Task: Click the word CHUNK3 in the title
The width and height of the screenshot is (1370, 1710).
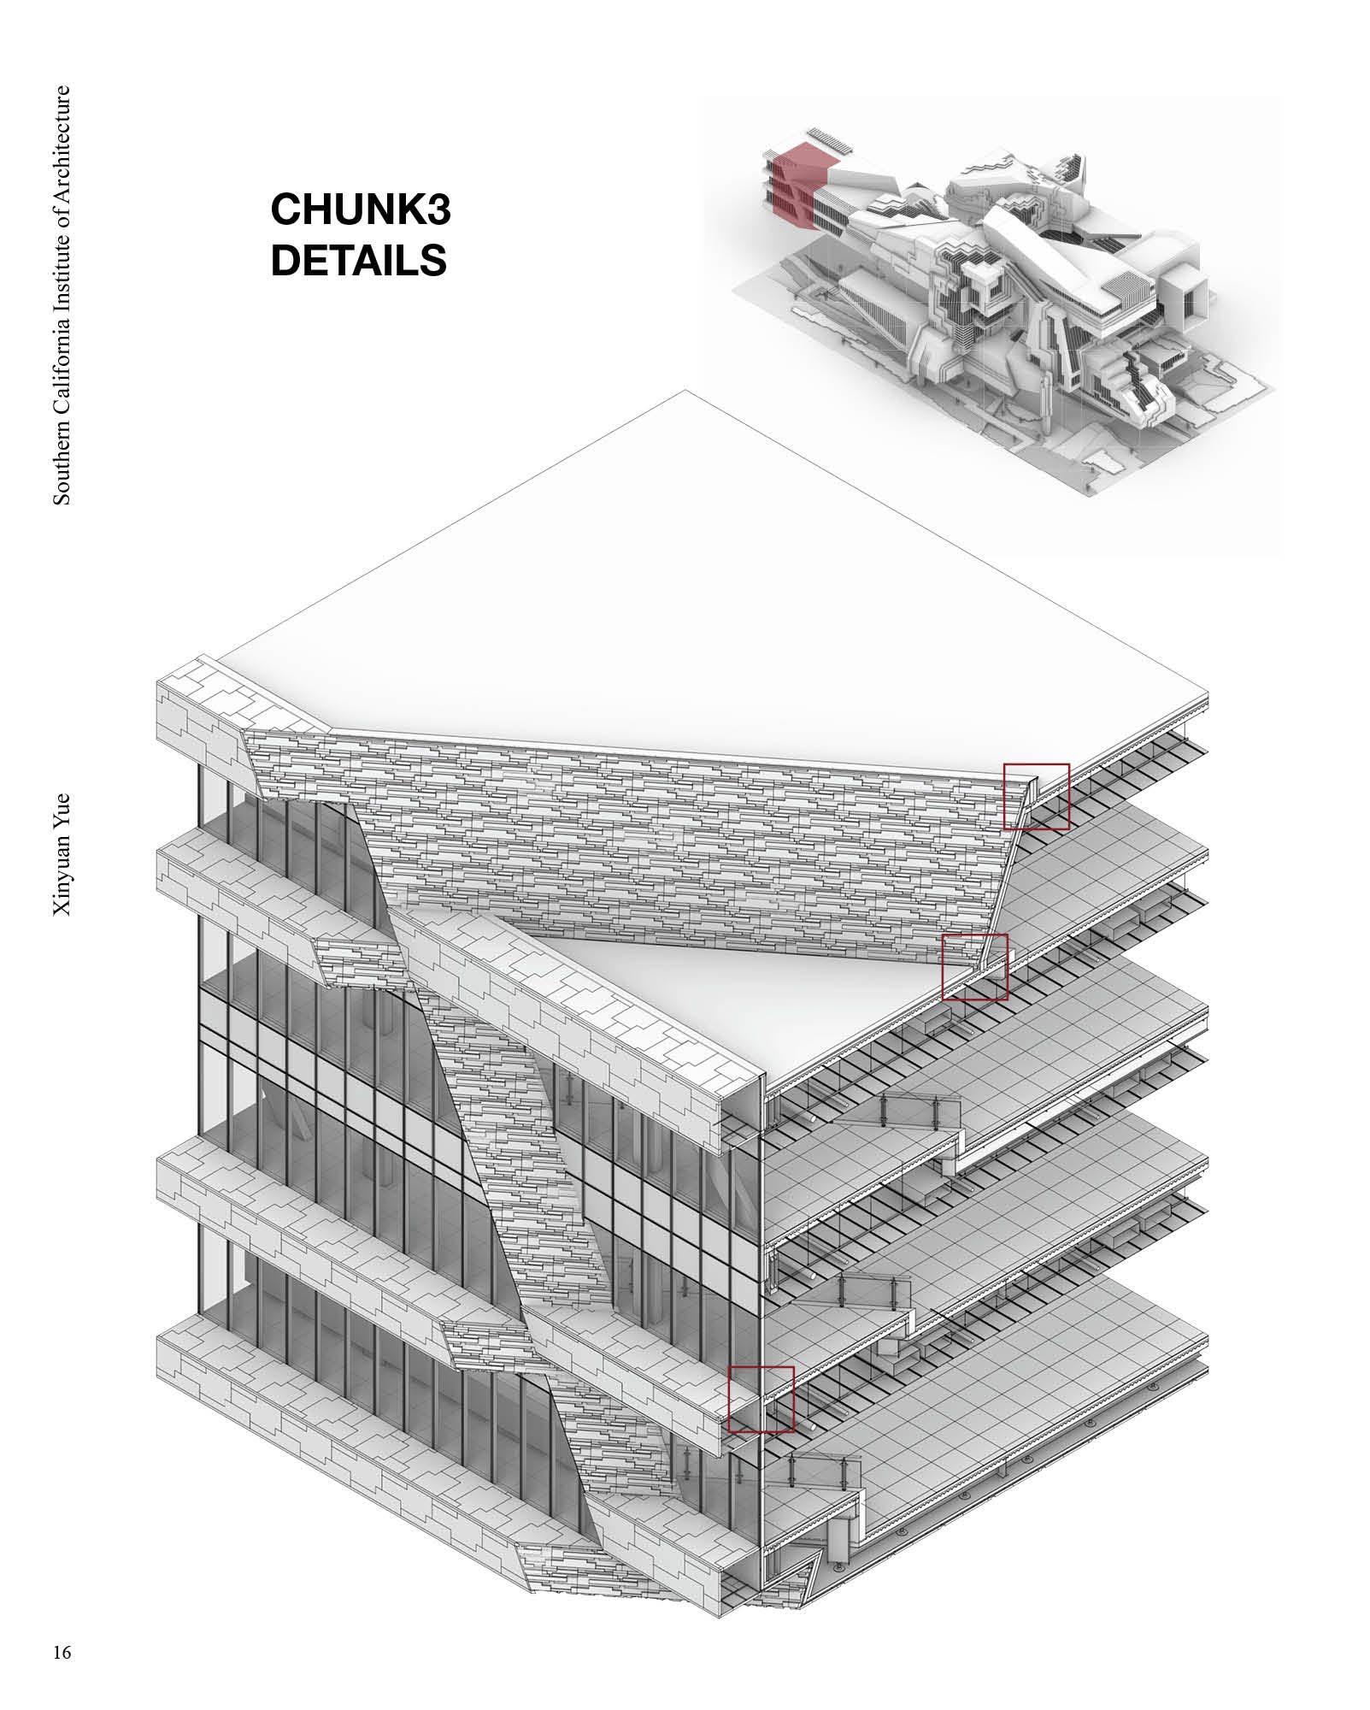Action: (360, 210)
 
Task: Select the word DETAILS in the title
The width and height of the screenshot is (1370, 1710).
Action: (358, 260)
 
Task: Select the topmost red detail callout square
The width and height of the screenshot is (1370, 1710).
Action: (1036, 796)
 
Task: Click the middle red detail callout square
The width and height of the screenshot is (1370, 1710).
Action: (974, 967)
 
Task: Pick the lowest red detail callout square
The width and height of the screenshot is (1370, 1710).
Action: (761, 1399)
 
